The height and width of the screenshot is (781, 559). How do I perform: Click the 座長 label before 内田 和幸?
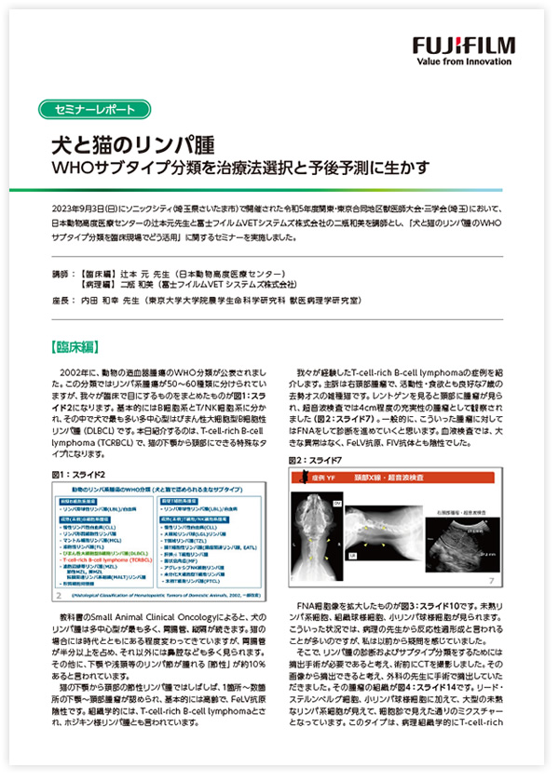(64, 303)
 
